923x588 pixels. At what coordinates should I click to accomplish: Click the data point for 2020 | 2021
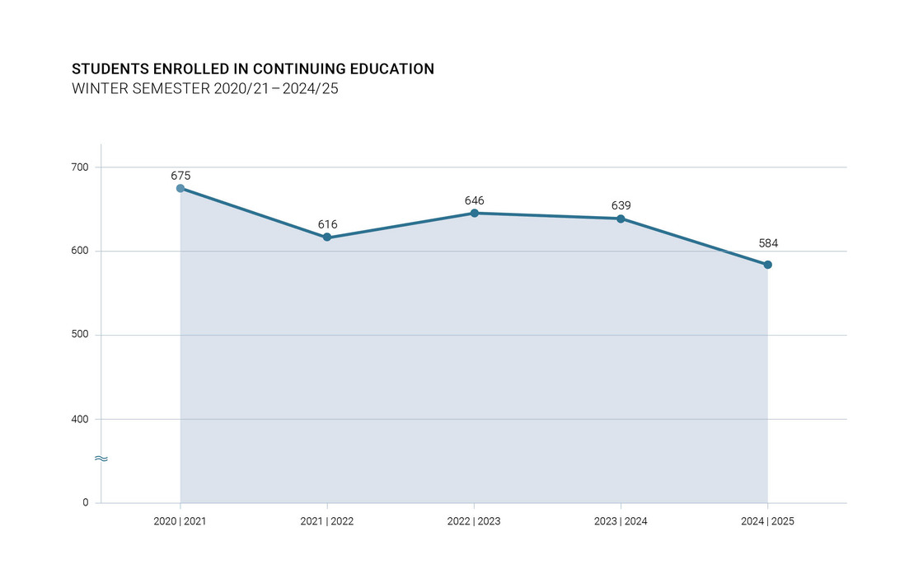180,188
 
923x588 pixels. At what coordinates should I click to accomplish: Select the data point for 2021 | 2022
327,238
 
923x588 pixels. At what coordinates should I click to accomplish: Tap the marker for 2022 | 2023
474,213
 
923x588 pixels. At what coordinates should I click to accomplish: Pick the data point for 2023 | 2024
621,219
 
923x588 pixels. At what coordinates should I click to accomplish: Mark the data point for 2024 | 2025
767,265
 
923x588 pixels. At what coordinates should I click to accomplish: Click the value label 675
180,176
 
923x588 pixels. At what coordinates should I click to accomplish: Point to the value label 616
327,224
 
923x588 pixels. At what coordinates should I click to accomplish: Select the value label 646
474,200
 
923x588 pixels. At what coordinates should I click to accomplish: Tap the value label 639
621,205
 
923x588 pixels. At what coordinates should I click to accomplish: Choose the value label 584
768,243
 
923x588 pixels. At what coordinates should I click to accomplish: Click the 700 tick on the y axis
80,167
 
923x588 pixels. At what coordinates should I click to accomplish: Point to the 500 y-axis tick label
80,335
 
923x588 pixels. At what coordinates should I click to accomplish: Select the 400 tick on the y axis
80,419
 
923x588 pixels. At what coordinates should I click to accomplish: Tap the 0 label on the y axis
85,502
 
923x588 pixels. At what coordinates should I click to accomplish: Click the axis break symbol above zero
101,459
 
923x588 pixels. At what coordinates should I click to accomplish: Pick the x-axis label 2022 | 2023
474,522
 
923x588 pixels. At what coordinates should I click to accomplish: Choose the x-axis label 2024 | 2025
767,522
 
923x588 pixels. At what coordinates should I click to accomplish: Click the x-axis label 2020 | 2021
180,522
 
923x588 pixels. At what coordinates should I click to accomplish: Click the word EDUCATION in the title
391,69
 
